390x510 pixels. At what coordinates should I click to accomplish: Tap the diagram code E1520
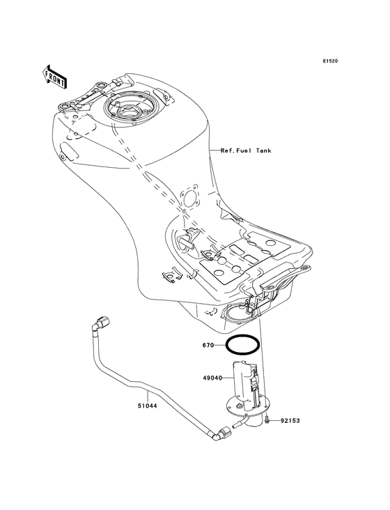click(x=330, y=61)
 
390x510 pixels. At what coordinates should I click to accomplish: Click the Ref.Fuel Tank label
click(x=246, y=150)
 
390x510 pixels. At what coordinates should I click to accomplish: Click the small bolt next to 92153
click(x=267, y=420)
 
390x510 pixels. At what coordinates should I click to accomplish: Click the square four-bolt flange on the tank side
click(x=190, y=199)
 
